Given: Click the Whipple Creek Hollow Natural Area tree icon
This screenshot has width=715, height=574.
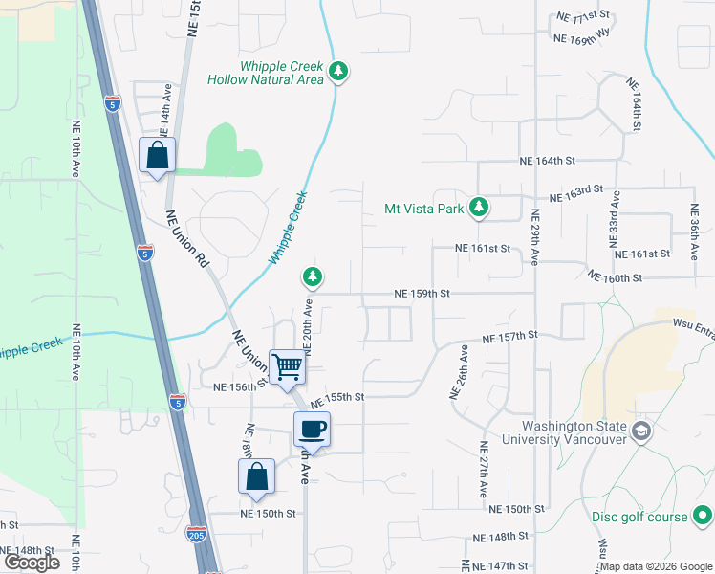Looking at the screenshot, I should (337, 71).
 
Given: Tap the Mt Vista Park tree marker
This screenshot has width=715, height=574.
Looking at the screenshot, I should (480, 207).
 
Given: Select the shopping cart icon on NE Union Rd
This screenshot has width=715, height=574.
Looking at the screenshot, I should (288, 366).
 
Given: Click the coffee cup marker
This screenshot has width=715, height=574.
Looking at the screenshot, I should (312, 430).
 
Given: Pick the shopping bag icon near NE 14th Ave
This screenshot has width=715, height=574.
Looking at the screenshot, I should (157, 155).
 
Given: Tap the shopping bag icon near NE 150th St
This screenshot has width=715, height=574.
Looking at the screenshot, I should (256, 476).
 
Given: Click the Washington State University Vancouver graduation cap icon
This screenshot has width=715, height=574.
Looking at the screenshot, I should (640, 432).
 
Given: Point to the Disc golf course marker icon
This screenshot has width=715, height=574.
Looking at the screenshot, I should (702, 517).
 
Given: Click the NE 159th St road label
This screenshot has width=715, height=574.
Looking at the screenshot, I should (422, 295).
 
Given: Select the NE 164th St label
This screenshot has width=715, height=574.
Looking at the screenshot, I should (546, 162).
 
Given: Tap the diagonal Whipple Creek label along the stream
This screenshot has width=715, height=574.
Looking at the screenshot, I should (288, 229).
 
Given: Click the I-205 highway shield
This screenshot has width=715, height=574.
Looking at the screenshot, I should (196, 534).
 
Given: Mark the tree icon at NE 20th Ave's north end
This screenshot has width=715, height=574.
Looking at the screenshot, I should (312, 277).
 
